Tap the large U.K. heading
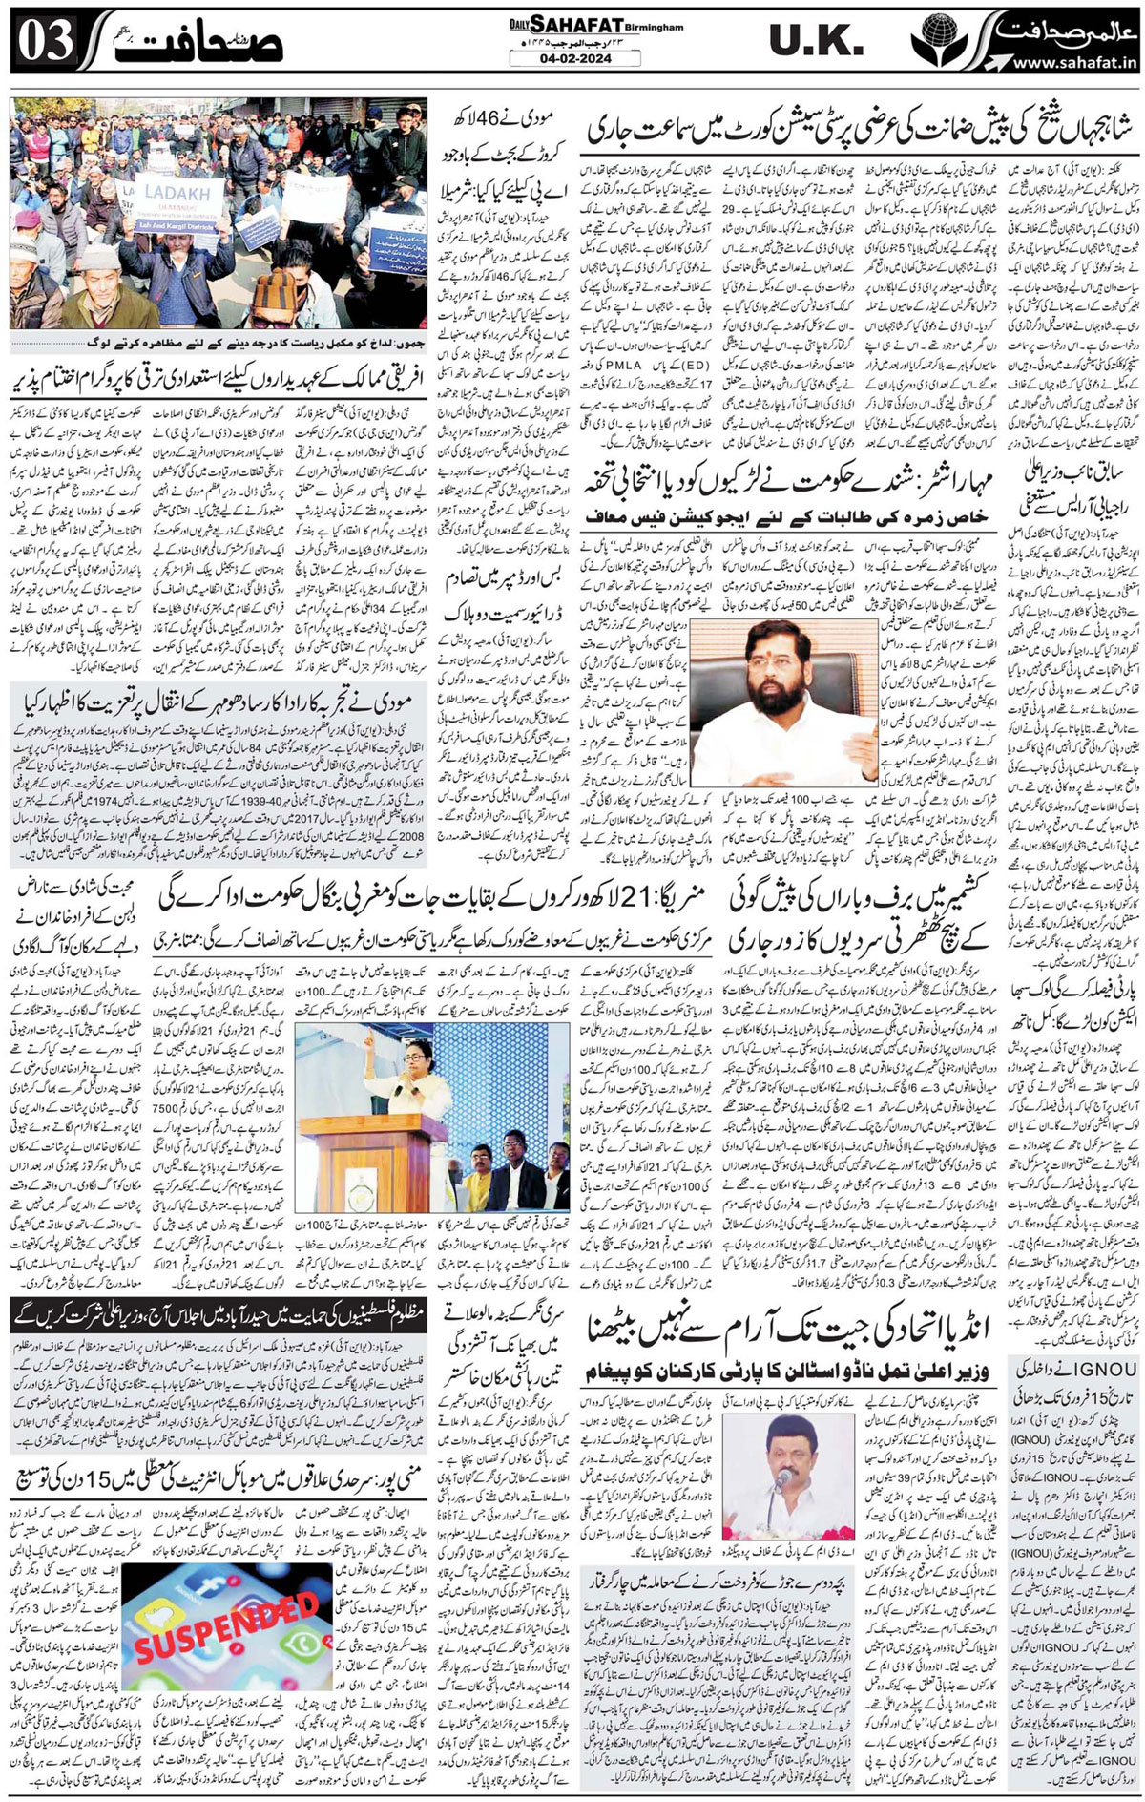click(817, 40)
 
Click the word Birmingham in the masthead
click(656, 28)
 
